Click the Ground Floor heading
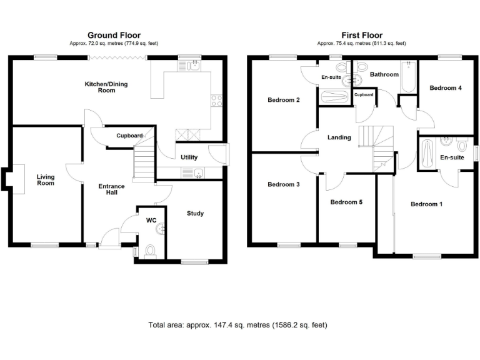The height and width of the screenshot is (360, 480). [114, 36]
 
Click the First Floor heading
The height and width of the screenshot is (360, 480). [361, 36]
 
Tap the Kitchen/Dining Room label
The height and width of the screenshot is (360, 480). [107, 87]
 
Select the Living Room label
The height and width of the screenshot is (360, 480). [45, 180]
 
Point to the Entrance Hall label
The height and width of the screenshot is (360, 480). [111, 189]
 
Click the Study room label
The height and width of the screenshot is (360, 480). [195, 214]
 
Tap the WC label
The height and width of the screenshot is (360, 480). [151, 221]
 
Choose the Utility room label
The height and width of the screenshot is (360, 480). [189, 157]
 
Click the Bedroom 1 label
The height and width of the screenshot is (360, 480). [426, 204]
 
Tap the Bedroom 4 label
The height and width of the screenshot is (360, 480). [446, 88]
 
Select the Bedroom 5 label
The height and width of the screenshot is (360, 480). [346, 202]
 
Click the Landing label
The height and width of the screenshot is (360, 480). [339, 137]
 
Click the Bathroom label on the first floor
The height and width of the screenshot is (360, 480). [384, 74]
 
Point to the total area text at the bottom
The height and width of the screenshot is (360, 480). [237, 325]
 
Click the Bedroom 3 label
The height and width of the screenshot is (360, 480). [284, 184]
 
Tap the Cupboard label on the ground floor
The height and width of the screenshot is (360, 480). [129, 136]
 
